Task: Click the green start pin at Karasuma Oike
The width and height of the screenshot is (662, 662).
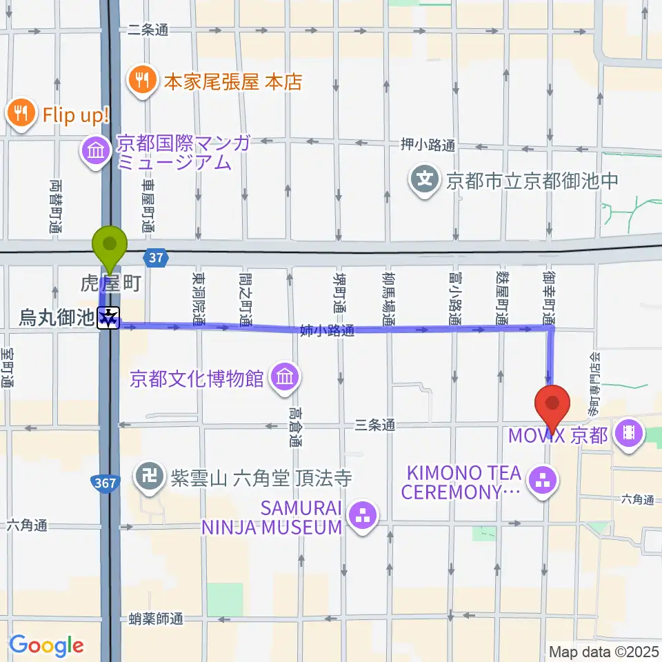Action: [110, 244]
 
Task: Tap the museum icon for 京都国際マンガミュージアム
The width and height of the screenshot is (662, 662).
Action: [95, 150]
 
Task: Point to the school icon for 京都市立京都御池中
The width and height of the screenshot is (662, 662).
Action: [425, 181]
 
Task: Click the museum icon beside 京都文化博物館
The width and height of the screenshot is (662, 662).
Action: [283, 378]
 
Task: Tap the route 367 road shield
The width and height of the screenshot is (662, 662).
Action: [106, 483]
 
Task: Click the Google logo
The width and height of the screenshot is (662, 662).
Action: [46, 645]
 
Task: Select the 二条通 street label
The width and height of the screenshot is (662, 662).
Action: [148, 30]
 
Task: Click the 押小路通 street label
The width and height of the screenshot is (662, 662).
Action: [428, 145]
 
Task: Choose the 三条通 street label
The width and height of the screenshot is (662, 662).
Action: [375, 425]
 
